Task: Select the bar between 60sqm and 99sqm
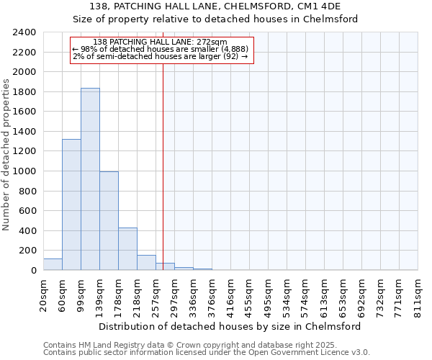coord(71,204)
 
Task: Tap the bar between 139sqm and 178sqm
coord(109,221)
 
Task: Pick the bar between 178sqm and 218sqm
coord(127,249)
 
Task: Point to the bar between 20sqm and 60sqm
coord(53,264)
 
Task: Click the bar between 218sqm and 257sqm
coord(146,263)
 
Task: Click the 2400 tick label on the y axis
coord(24,32)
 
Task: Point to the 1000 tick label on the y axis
coord(24,171)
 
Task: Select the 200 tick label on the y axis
coord(27,251)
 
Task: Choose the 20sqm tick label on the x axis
coord(44,294)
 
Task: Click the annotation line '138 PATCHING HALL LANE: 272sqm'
coord(161,42)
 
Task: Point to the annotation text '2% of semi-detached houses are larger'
coord(161,56)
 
